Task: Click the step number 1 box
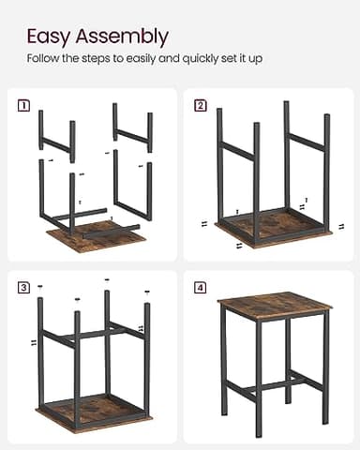tap(23, 105)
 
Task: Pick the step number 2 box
tap(200, 105)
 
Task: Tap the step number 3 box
tap(23, 287)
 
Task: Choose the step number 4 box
tap(200, 287)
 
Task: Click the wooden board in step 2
tap(272, 226)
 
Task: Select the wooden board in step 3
tap(94, 409)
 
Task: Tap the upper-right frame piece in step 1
tap(131, 131)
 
